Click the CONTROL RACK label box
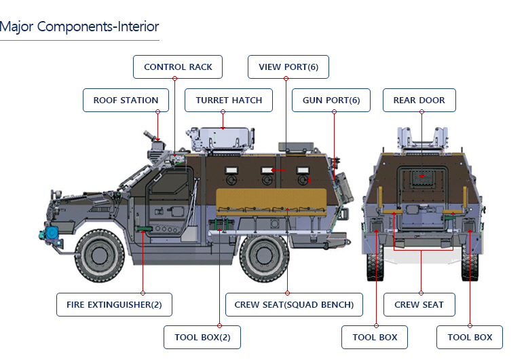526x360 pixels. tap(178, 67)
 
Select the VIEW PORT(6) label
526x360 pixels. tap(288, 67)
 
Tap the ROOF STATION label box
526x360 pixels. tap(126, 100)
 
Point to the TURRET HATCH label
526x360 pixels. tap(229, 100)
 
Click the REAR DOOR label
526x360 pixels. tap(419, 100)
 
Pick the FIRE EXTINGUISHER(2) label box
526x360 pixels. tap(114, 304)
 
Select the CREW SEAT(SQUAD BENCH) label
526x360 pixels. tap(294, 304)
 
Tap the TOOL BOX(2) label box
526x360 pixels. tap(202, 337)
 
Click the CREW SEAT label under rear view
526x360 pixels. tap(419, 304)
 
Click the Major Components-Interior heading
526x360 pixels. tap(79, 27)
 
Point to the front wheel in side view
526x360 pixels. tap(102, 256)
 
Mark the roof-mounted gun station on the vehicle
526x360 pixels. tap(157, 146)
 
